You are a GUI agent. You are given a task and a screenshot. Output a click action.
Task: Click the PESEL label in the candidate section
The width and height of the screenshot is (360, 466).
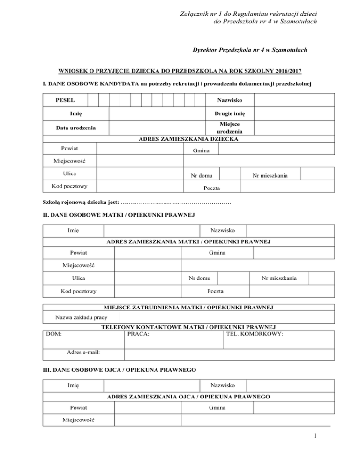tap(64, 100)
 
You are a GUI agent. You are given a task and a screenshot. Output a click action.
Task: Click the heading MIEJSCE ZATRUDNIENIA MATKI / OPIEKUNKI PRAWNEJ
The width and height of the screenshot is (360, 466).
tap(188, 308)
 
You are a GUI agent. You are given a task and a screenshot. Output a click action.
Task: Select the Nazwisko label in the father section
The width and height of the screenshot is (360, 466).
tap(223, 386)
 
